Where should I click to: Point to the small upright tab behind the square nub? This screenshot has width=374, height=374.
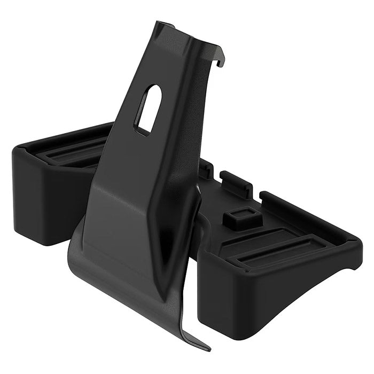point(236,182)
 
